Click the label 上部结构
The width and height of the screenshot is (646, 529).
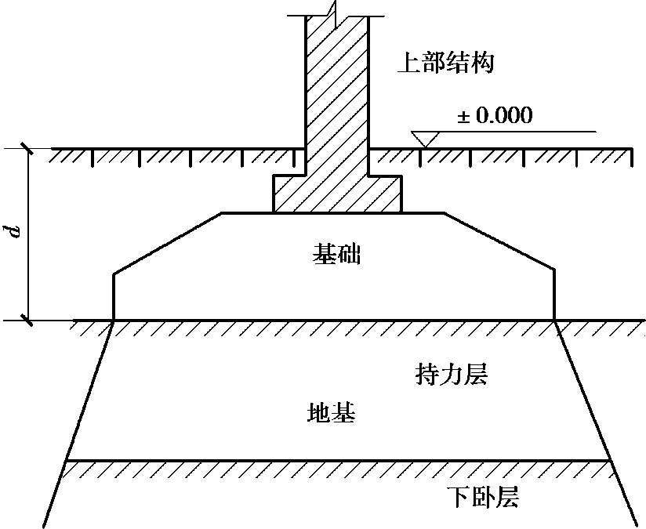coord(445,63)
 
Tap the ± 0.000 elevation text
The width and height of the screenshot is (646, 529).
coord(494,116)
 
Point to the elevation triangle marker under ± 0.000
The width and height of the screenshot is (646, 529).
coord(423,139)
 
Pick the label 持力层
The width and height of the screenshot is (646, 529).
coord(451,375)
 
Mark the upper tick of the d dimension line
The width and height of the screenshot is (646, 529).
coord(28,148)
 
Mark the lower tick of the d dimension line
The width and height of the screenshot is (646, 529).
coord(28,320)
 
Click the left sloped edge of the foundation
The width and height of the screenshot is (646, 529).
coord(167,243)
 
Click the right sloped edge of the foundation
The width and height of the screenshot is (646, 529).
coord(500,243)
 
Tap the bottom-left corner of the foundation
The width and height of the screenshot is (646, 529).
coord(114,320)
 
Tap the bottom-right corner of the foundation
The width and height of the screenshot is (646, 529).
coord(555,320)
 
